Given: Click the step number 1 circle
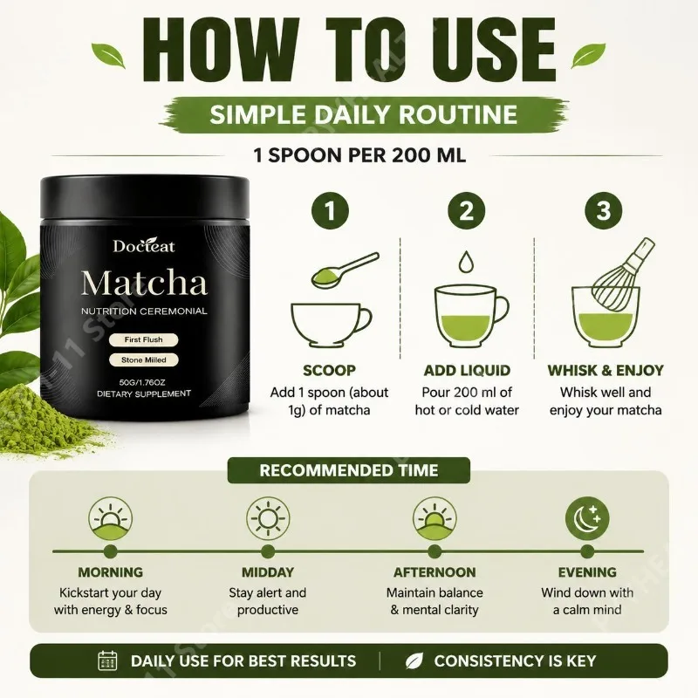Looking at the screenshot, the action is pos(330,210).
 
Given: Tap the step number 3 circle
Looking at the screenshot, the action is pos(603,210).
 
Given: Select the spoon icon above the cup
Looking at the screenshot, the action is pos(345,270).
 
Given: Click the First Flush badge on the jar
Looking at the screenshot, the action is pos(143,339).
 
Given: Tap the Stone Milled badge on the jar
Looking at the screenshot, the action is pos(143,359).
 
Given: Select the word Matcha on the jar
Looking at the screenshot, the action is pos(144,283).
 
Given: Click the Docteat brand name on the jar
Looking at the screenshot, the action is pos(144,246).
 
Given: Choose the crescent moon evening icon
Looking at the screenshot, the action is pos(587,517).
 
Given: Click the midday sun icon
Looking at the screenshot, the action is pos(268,518).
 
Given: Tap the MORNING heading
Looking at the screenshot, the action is pos(111,572).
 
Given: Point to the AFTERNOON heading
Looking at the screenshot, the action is pos(435,572).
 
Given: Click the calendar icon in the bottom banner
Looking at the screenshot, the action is pos(106,660).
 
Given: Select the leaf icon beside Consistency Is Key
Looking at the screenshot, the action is pos(414,661).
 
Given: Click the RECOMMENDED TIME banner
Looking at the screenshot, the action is pos(348,470).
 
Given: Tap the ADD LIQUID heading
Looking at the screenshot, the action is pos(467,370).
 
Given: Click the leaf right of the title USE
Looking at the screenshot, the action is pos(588,55).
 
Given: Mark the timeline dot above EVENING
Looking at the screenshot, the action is pos(587,551).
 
